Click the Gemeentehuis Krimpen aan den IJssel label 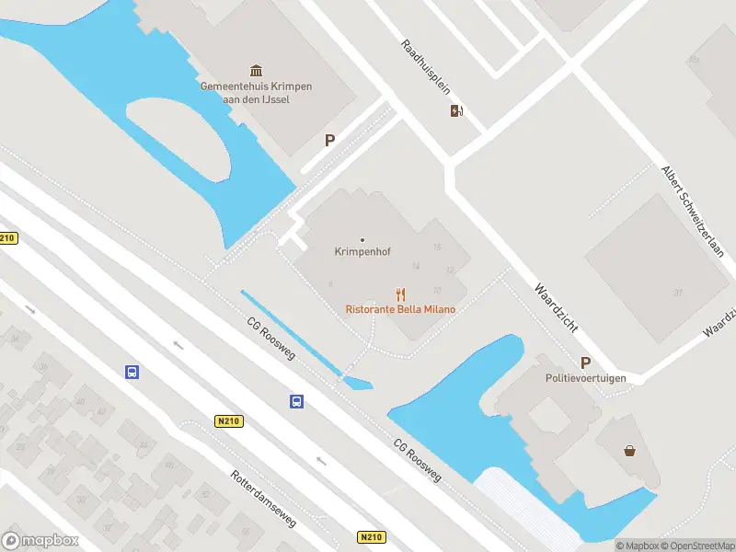pyautogui.click(x=256, y=92)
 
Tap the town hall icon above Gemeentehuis pyautogui.click(x=256, y=71)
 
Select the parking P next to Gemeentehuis pyautogui.click(x=329, y=141)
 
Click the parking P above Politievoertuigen pyautogui.click(x=585, y=362)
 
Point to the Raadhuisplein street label pyautogui.click(x=425, y=67)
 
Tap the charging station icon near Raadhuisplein pyautogui.click(x=456, y=111)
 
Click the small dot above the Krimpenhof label pyautogui.click(x=362, y=240)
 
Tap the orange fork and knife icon pyautogui.click(x=400, y=294)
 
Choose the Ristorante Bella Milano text pyautogui.click(x=400, y=309)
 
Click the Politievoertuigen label pyautogui.click(x=585, y=378)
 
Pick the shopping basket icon pyautogui.click(x=630, y=450)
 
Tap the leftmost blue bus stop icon pyautogui.click(x=132, y=372)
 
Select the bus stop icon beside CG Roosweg pyautogui.click(x=297, y=401)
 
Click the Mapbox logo pyautogui.click(x=40, y=541)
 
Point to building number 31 pyautogui.click(x=678, y=293)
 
